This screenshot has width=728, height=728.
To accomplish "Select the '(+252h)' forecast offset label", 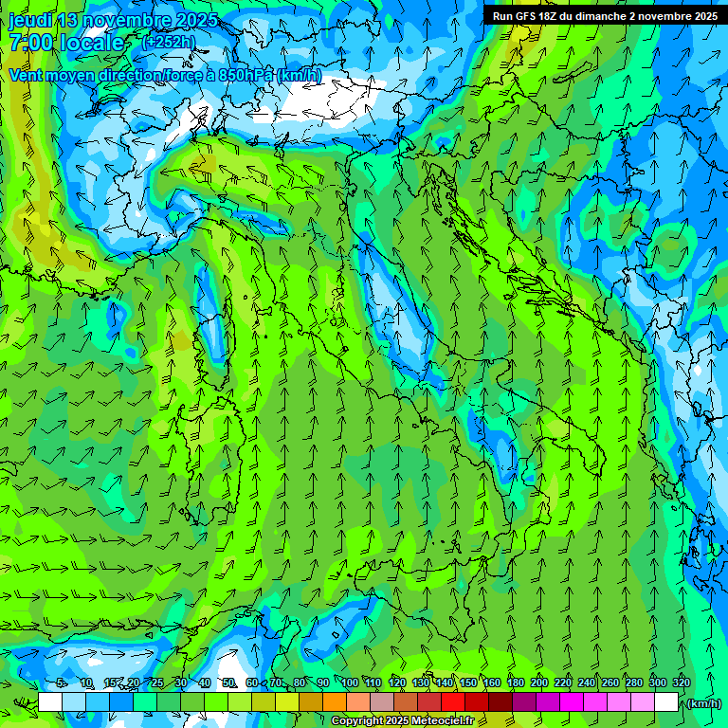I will [x=168, y=42].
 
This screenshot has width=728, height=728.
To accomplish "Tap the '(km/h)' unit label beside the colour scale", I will [x=704, y=703].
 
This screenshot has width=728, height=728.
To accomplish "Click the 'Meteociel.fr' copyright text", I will [x=449, y=721].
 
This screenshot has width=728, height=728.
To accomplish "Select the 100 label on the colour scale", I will [x=350, y=683].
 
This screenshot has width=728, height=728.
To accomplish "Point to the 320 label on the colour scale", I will [x=681, y=683].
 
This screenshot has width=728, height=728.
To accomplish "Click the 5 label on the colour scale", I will [x=62, y=683].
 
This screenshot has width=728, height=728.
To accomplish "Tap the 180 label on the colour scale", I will [x=516, y=683].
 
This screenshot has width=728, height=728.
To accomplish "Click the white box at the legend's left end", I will [x=50, y=702].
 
